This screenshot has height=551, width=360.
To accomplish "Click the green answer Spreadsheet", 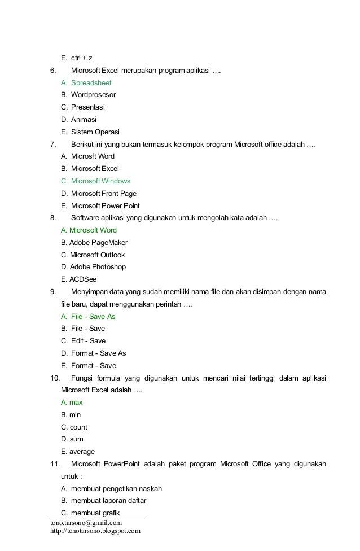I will pos(91,82).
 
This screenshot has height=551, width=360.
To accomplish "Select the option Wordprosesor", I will pos(93,95).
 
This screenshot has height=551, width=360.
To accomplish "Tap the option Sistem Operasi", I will pos(95,132).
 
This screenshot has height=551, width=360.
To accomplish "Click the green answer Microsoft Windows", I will pos(100,181).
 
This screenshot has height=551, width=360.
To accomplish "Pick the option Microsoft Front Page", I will pos(104,194).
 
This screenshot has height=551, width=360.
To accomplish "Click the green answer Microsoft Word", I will pos(89,230).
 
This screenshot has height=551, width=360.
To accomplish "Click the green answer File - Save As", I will pos(93,317).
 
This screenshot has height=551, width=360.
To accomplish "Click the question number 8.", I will pos(52,218).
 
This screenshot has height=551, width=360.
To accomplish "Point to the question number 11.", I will pos(55,464).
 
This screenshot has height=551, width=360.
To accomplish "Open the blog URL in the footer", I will pos(95,531).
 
